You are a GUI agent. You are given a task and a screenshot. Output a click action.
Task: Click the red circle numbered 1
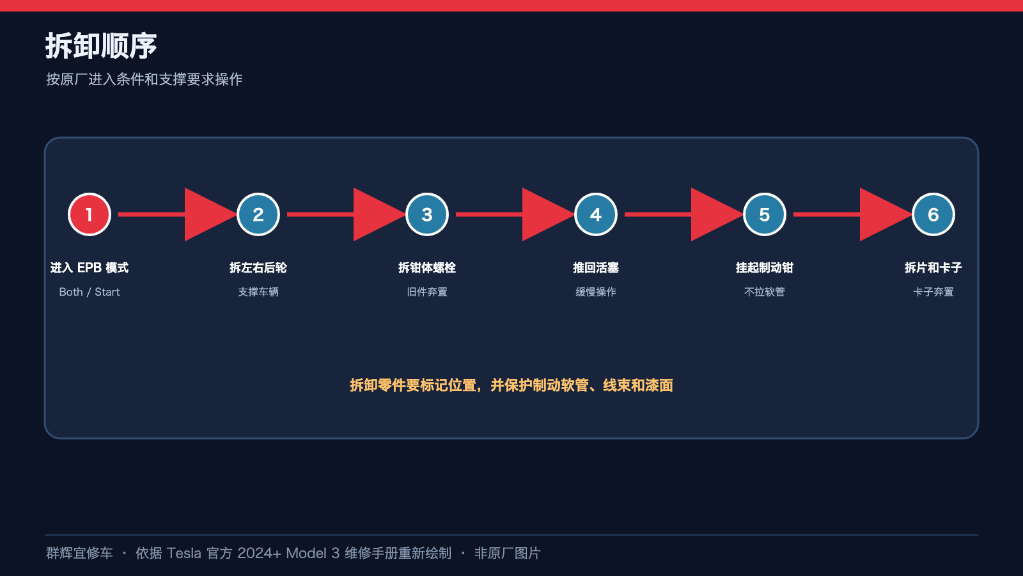[x=90, y=214]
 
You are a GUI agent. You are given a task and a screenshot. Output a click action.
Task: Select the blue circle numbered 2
[x=258, y=214]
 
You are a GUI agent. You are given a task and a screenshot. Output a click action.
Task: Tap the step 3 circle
[x=427, y=214]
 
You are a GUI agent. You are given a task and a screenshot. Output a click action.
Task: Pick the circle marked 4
[x=595, y=214]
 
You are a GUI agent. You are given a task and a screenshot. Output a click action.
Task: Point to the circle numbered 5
[x=765, y=214]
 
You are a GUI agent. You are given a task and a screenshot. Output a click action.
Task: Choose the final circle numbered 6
[x=933, y=214]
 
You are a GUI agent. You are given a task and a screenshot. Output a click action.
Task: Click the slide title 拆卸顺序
[x=101, y=45]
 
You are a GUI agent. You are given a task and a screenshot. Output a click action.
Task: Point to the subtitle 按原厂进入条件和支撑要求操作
[x=144, y=79]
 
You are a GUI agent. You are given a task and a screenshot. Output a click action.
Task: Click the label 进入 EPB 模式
[x=90, y=268]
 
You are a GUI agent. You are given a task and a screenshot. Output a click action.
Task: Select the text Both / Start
[x=90, y=292]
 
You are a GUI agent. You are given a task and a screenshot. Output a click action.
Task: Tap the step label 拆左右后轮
[x=258, y=268]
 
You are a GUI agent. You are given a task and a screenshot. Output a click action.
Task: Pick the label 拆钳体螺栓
[x=427, y=268]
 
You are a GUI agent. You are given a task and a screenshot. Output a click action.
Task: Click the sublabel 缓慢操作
[x=595, y=292]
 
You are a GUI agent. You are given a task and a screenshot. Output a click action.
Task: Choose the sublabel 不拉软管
[x=765, y=292]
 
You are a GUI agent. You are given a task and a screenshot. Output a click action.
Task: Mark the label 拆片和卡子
[x=933, y=268]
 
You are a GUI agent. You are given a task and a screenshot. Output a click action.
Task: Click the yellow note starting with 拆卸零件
[x=511, y=385]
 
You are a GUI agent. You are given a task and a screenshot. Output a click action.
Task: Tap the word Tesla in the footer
[x=184, y=553]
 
